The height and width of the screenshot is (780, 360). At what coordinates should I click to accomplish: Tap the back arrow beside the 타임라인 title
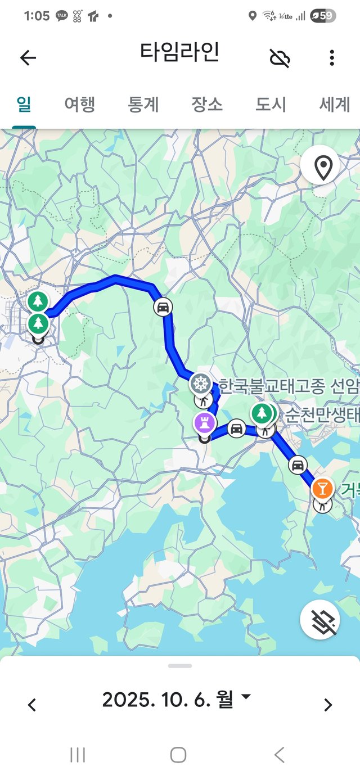pyautogui.click(x=28, y=57)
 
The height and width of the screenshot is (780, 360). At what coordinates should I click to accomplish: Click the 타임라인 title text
pyautogui.click(x=179, y=53)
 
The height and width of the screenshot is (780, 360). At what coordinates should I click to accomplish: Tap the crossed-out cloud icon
pyautogui.click(x=280, y=58)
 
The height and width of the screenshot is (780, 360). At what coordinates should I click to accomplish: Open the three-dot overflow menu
pyautogui.click(x=332, y=58)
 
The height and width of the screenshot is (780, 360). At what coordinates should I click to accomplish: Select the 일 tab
pyautogui.click(x=24, y=104)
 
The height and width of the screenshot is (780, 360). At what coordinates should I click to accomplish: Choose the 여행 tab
pyautogui.click(x=79, y=104)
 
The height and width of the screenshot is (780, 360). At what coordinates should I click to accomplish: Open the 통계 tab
pyautogui.click(x=143, y=104)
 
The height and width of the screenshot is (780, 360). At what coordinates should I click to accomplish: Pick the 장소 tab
pyautogui.click(x=207, y=104)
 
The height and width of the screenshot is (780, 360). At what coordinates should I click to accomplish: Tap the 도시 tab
pyautogui.click(x=271, y=104)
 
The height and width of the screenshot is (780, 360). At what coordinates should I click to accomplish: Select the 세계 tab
pyautogui.click(x=335, y=104)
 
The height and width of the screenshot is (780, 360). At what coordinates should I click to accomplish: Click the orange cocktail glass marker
pyautogui.click(x=322, y=488)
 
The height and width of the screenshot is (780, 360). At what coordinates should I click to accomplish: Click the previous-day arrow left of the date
pyautogui.click(x=32, y=705)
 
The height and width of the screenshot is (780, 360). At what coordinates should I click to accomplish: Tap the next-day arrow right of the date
pyautogui.click(x=328, y=705)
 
